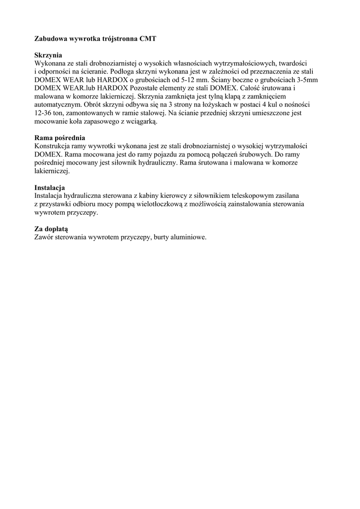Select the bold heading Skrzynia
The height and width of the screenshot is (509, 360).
(48, 55)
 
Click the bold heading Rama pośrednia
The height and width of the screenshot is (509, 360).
(60, 138)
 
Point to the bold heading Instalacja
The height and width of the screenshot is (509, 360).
(50, 188)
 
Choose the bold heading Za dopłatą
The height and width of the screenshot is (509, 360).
(51, 229)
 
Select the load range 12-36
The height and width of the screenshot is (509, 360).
(44, 113)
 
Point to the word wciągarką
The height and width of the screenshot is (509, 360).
(143, 121)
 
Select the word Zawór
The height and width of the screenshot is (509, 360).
(44, 237)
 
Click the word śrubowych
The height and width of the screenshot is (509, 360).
(255, 155)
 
